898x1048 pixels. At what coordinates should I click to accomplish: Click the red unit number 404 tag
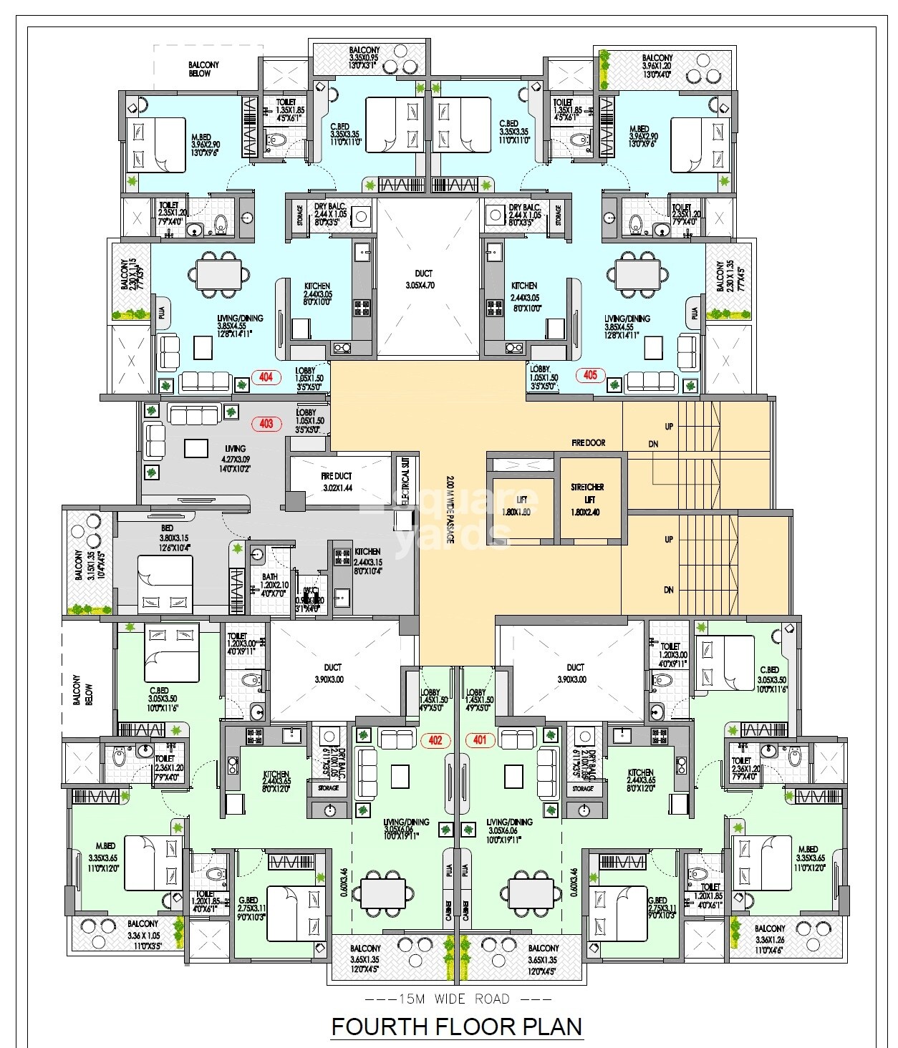tap(266, 377)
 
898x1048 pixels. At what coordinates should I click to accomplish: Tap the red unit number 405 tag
tap(590, 374)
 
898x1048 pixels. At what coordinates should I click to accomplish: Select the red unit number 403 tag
tap(266, 423)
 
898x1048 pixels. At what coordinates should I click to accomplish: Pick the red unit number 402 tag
tap(435, 740)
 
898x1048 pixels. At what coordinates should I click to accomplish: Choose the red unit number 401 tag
tap(479, 740)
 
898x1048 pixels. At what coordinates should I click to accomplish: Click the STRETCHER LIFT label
tap(586, 499)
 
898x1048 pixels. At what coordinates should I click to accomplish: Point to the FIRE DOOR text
tap(588, 443)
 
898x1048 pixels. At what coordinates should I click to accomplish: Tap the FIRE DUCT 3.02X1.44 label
tap(336, 482)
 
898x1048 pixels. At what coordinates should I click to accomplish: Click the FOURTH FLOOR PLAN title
tap(456, 1027)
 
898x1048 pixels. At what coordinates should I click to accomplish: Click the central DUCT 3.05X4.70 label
tap(424, 279)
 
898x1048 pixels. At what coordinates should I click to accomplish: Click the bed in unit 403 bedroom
tap(165, 583)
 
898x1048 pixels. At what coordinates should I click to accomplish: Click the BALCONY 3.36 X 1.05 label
tap(143, 934)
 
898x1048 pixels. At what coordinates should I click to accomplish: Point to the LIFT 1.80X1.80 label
tap(521, 505)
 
